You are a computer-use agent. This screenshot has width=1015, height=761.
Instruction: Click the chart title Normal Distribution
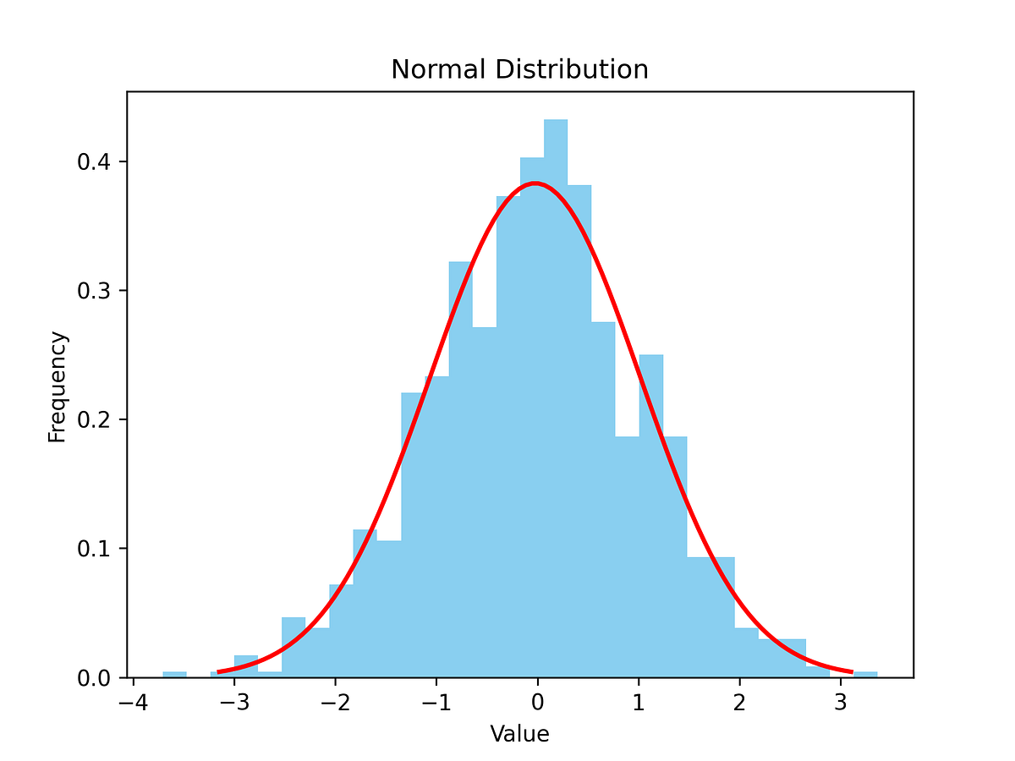pyautogui.click(x=519, y=69)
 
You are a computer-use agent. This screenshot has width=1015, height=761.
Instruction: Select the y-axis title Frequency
pyautogui.click(x=57, y=387)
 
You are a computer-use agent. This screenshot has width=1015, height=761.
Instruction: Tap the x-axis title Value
pyautogui.click(x=519, y=734)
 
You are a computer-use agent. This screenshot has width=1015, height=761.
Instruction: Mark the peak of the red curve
pyautogui.click(x=535, y=183)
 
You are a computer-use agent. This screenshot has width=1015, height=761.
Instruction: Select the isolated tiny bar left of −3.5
pyautogui.click(x=174, y=674)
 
